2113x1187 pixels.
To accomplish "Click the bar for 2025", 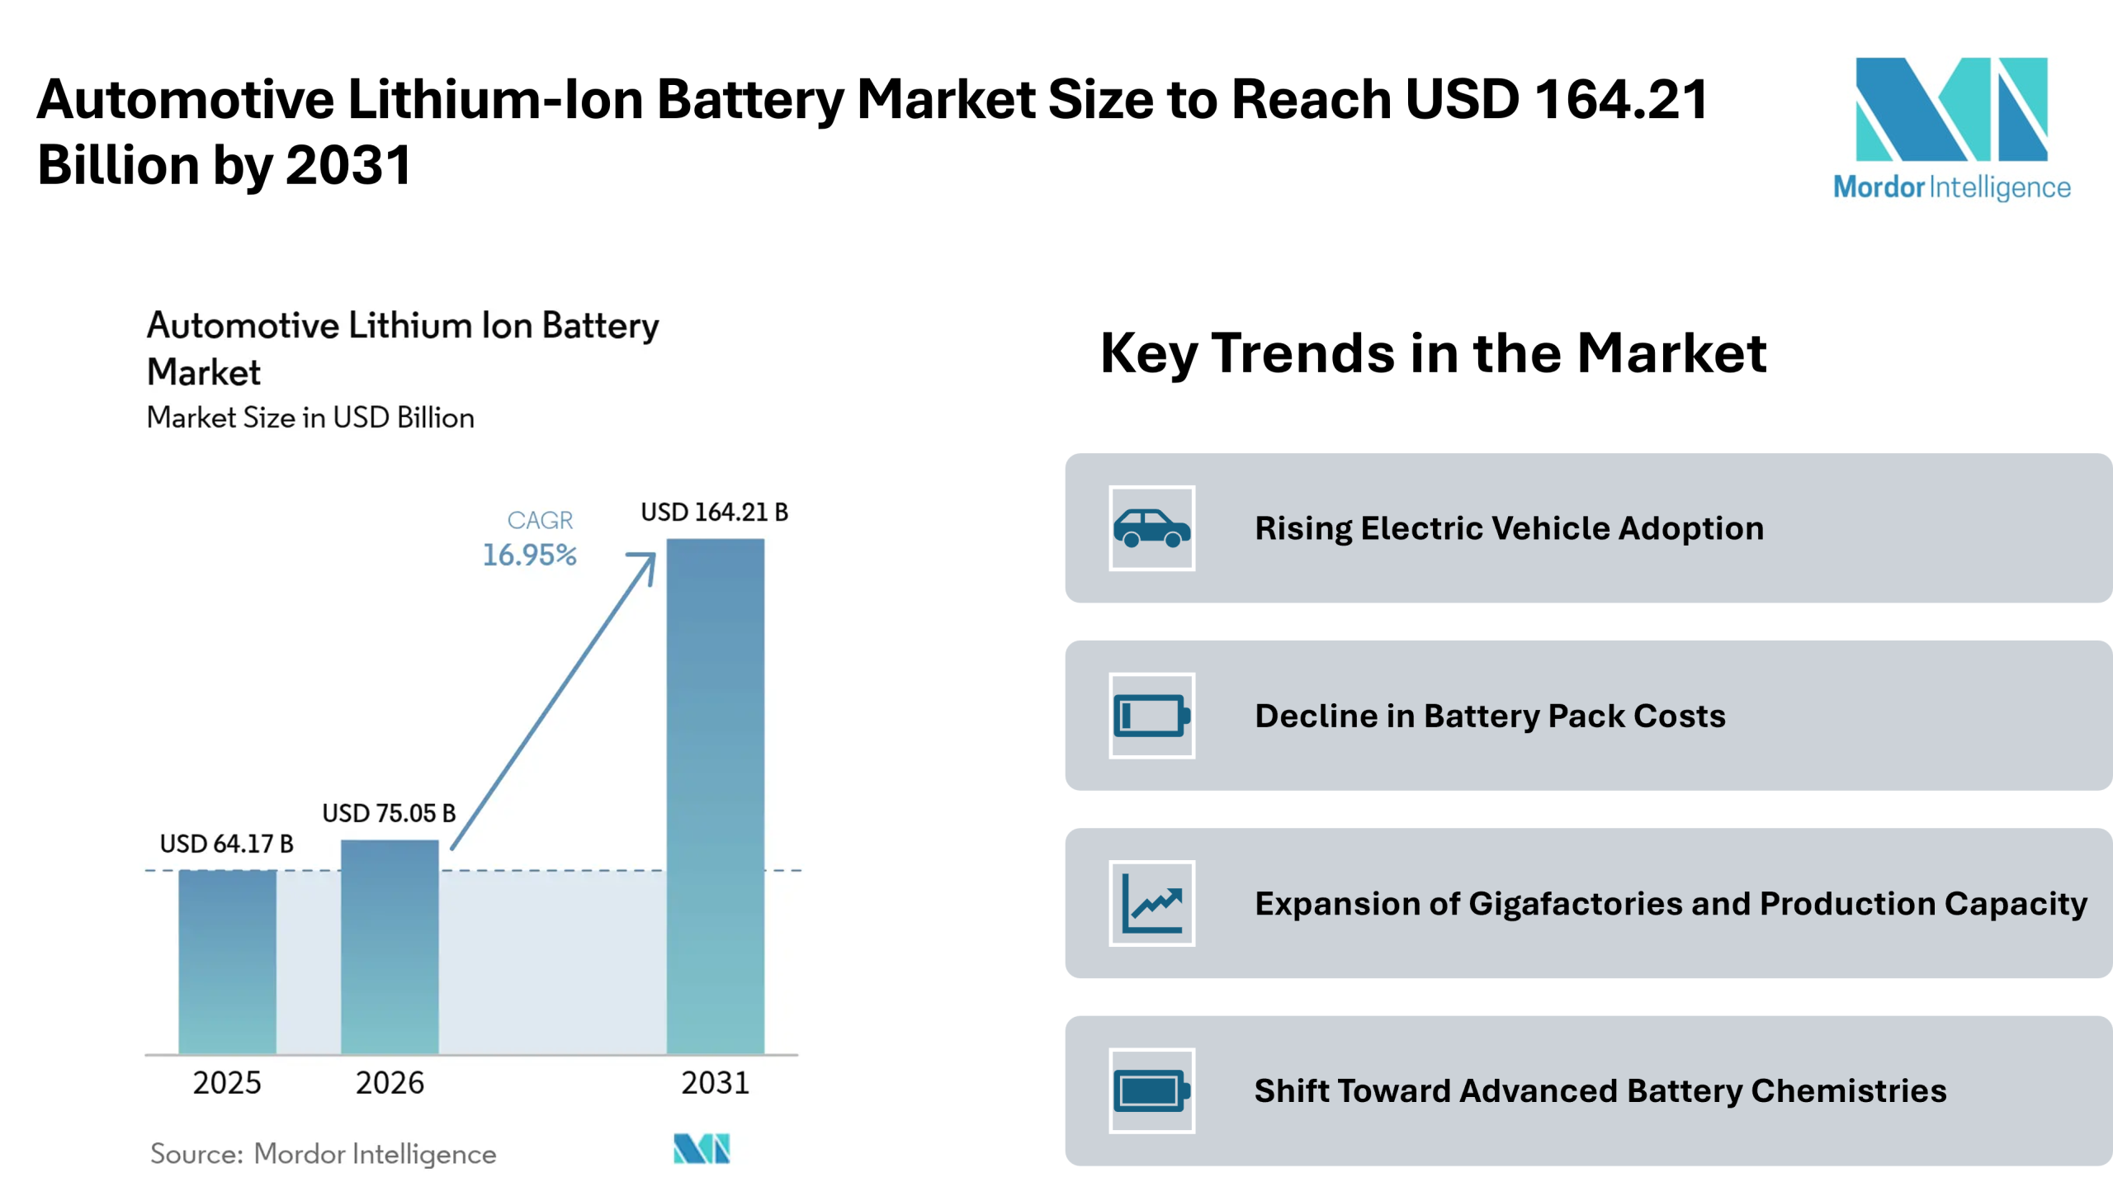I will [227, 962].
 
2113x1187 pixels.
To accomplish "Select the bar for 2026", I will [390, 947].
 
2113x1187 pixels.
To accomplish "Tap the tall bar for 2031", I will [715, 796].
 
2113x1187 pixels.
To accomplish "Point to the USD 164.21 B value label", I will [714, 513].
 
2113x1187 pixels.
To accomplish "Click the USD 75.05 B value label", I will [389, 814].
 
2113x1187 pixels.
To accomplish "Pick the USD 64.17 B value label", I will [226, 844].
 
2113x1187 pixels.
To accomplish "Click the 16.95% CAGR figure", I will [529, 556].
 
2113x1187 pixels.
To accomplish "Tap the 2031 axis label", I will [715, 1083].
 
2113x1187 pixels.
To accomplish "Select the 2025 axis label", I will [227, 1083].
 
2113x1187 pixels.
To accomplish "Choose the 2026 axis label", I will [390, 1083].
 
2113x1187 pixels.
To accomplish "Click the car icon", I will [1151, 528].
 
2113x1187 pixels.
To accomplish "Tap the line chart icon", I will [1151, 903].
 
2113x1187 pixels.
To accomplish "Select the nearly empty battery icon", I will [1151, 716].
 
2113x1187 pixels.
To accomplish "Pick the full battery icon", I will [1151, 1090].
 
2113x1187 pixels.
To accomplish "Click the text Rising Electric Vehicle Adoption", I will [1509, 528].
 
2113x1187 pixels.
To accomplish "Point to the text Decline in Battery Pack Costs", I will [1490, 716].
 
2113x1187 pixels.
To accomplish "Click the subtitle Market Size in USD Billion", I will [310, 418].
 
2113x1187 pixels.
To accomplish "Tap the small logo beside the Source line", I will [702, 1148].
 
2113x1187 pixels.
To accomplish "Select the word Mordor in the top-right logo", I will [1879, 187].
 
